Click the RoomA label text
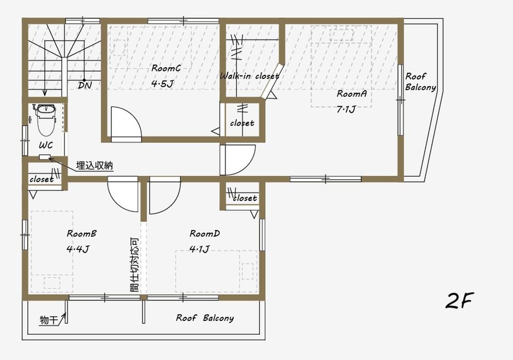pyautogui.click(x=351, y=94)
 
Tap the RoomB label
pyautogui.click(x=82, y=234)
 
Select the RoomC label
pyautogui.click(x=166, y=68)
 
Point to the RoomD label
pyautogui.click(x=205, y=234)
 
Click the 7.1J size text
pyautogui.click(x=346, y=109)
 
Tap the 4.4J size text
pyautogui.click(x=78, y=250)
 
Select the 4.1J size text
pyautogui.click(x=199, y=250)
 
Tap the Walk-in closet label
pyautogui.click(x=249, y=76)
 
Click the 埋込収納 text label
pyautogui.click(x=94, y=165)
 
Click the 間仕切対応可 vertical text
pyautogui.click(x=134, y=264)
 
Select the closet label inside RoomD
pyautogui.click(x=245, y=198)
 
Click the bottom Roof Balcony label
pyautogui.click(x=205, y=318)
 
